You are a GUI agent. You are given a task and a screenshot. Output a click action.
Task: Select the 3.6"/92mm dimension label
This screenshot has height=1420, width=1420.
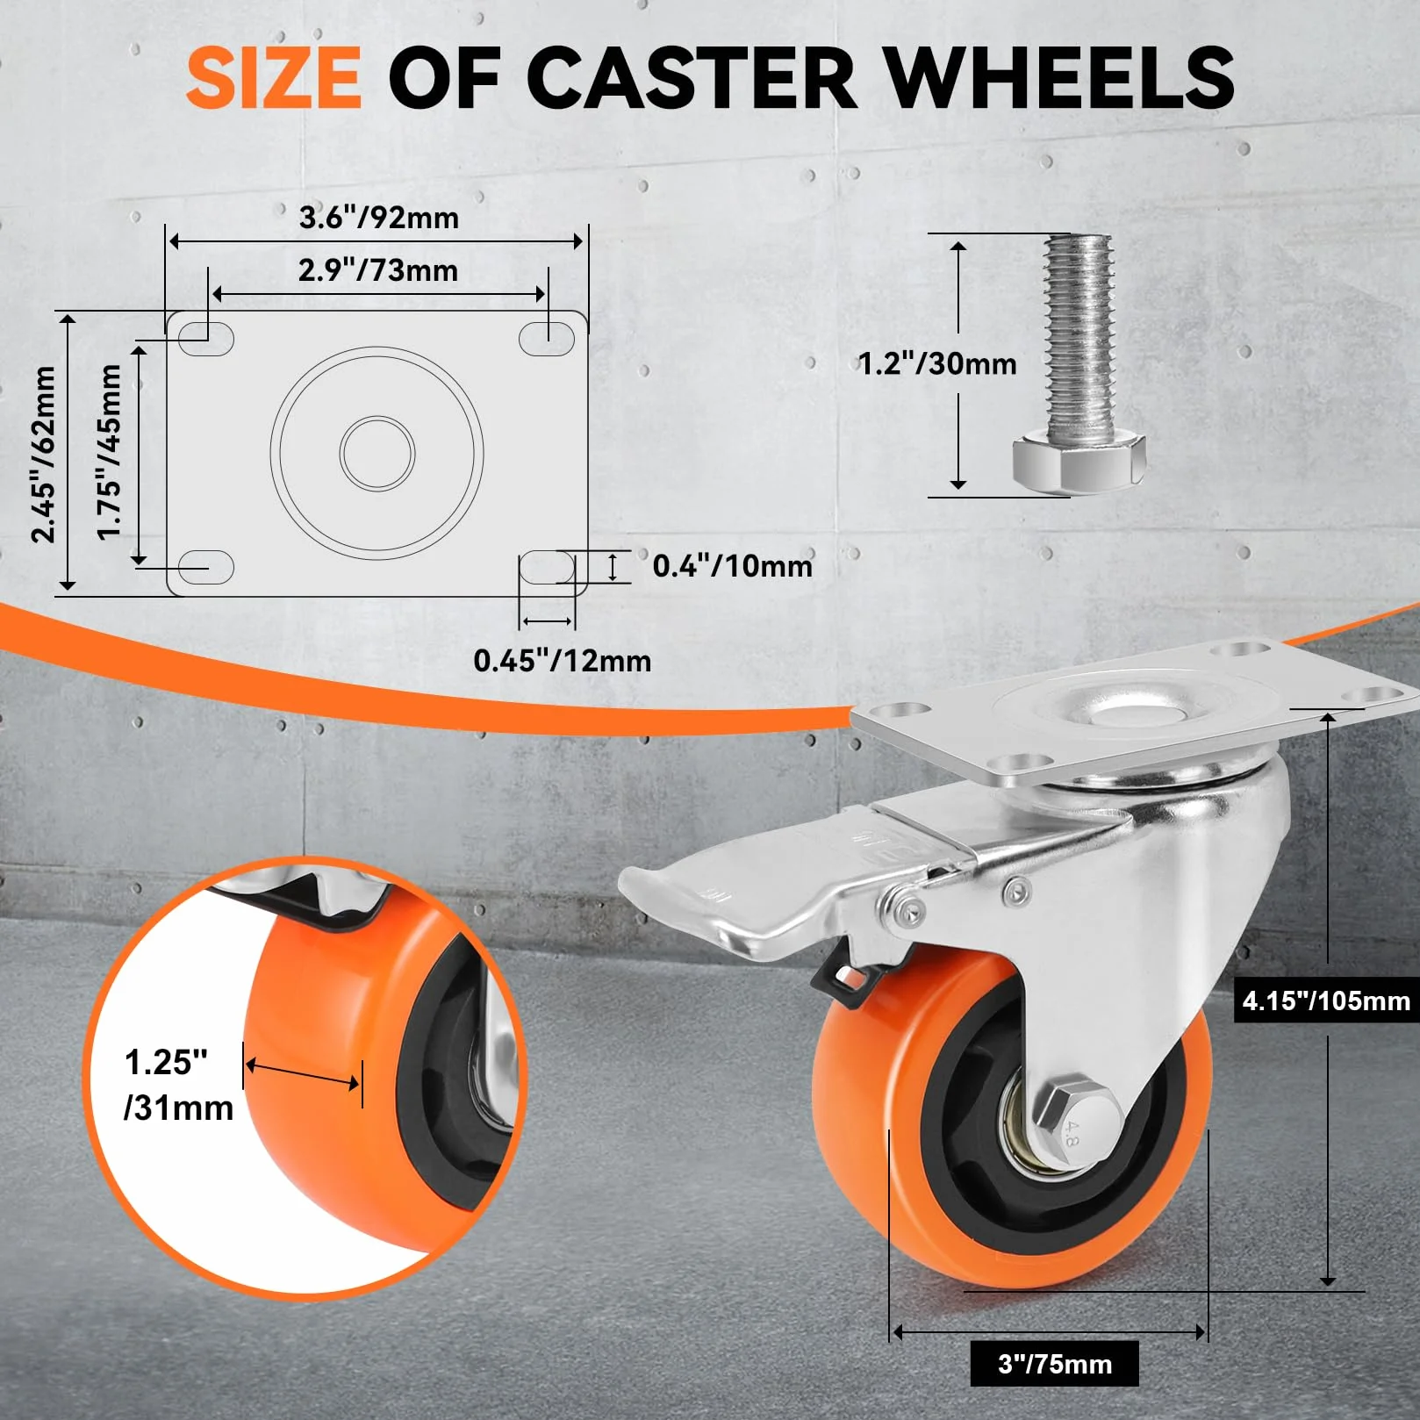379,218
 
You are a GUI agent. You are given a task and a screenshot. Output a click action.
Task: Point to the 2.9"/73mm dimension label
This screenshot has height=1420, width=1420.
378,270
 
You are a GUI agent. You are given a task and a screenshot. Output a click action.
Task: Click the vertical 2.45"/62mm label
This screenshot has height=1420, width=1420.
43,454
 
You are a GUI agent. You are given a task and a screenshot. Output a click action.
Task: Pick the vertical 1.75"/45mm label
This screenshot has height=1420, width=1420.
109,452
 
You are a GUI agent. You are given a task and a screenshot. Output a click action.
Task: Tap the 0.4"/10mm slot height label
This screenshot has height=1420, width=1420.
733,566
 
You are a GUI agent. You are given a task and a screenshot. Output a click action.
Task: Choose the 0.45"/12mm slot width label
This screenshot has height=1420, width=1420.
563,661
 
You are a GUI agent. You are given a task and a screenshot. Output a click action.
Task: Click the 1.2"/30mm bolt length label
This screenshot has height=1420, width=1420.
937,363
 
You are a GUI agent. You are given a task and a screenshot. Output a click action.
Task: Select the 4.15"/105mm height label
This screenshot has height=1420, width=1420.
1326,1000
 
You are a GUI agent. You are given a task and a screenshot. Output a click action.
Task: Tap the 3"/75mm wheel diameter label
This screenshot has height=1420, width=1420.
1055,1364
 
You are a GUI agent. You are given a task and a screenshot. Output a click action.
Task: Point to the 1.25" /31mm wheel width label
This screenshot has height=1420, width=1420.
179,1085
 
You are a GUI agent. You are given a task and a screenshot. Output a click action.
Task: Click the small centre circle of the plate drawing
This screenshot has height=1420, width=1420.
377,453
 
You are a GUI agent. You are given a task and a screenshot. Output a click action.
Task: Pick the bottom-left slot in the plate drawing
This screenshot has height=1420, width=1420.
207,568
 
